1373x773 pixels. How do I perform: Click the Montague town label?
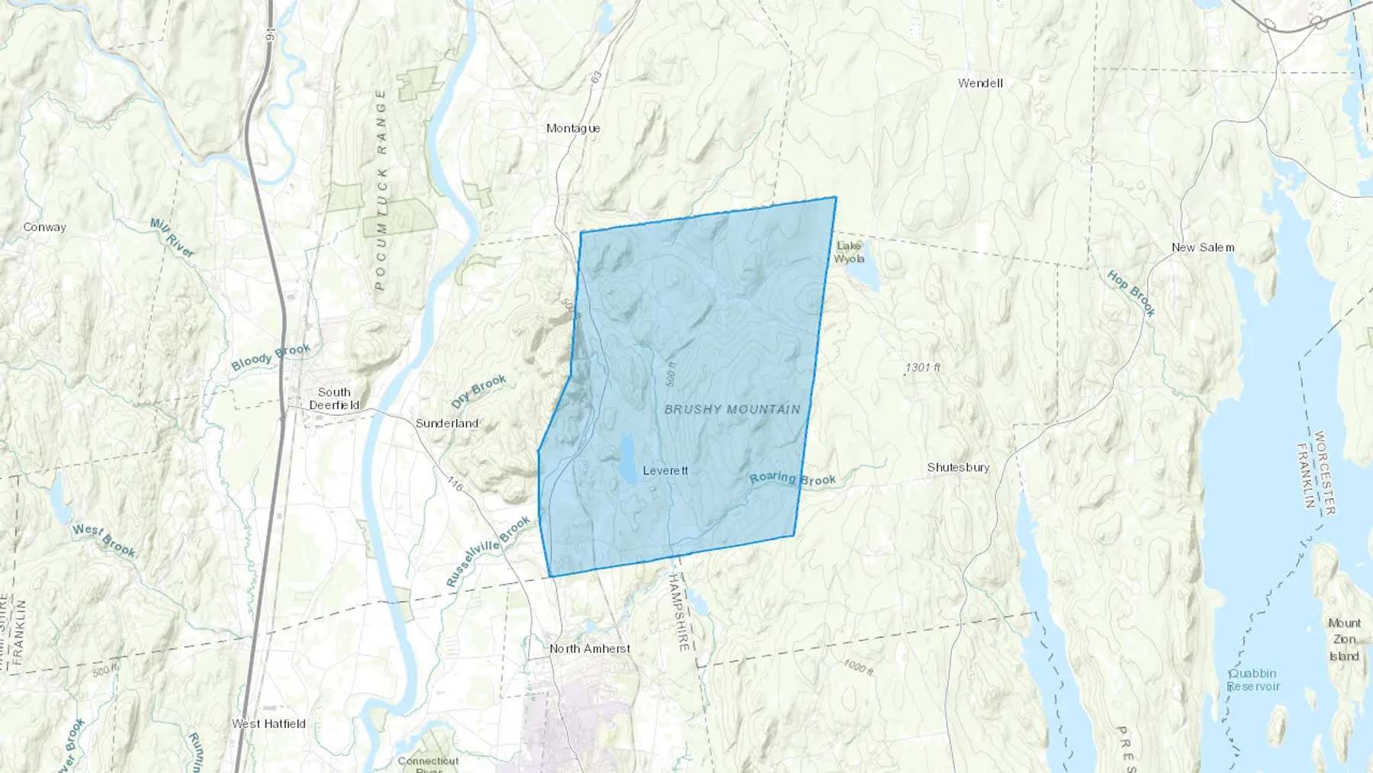[573, 128]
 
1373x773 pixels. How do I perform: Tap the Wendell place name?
[980, 83]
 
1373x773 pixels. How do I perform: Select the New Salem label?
[1202, 247]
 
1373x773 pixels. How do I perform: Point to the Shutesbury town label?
[958, 467]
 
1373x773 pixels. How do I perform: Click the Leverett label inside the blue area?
[665, 470]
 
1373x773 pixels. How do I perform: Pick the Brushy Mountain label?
[732, 410]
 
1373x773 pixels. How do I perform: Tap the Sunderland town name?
[446, 423]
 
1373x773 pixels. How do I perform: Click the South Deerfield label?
[334, 398]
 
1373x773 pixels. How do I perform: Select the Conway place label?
[44, 227]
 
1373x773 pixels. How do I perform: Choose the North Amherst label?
[590, 649]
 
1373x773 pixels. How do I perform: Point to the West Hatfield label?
[268, 723]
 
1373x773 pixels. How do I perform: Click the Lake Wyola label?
[849, 252]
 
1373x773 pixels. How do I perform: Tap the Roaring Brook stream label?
[793, 479]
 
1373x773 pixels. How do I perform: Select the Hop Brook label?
[1131, 293]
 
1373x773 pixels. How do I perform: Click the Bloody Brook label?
[271, 357]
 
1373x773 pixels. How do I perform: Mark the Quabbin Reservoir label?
[1253, 679]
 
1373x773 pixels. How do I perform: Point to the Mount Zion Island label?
[1344, 639]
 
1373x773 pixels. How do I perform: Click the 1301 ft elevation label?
[922, 368]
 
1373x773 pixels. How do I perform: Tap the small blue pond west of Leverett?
[628, 459]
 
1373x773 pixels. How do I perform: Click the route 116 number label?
[455, 483]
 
